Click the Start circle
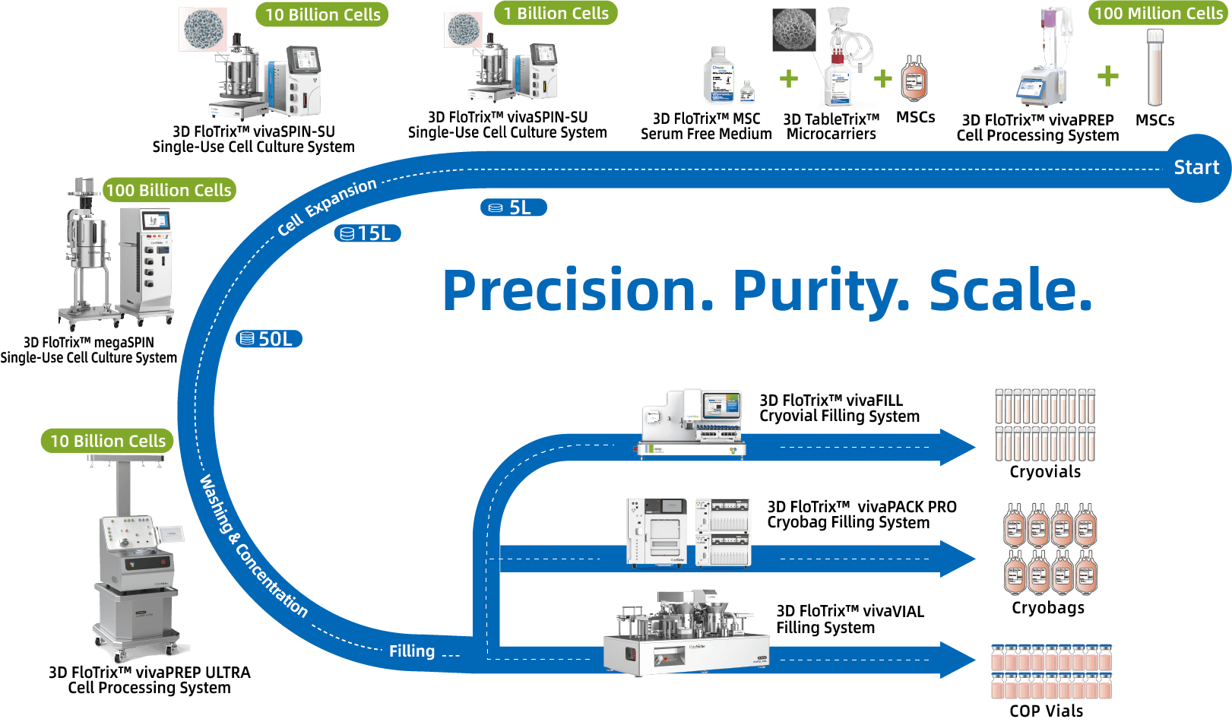click(x=1197, y=168)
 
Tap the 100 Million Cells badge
click(x=1158, y=13)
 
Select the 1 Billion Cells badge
click(x=556, y=13)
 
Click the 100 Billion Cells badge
click(x=169, y=190)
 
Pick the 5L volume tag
click(x=514, y=207)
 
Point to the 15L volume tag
click(x=367, y=233)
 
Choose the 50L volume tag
click(x=269, y=339)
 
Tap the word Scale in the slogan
click(x=1011, y=290)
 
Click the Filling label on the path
click(x=412, y=651)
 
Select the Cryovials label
click(x=1045, y=472)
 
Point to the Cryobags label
click(x=1048, y=608)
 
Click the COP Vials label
click(x=1046, y=711)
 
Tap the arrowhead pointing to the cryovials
click(x=958, y=447)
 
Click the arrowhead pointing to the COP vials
click(x=958, y=660)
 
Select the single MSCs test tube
click(x=1155, y=68)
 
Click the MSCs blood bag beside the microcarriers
click(x=914, y=79)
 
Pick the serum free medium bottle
click(x=719, y=74)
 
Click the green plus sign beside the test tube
click(x=1107, y=76)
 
